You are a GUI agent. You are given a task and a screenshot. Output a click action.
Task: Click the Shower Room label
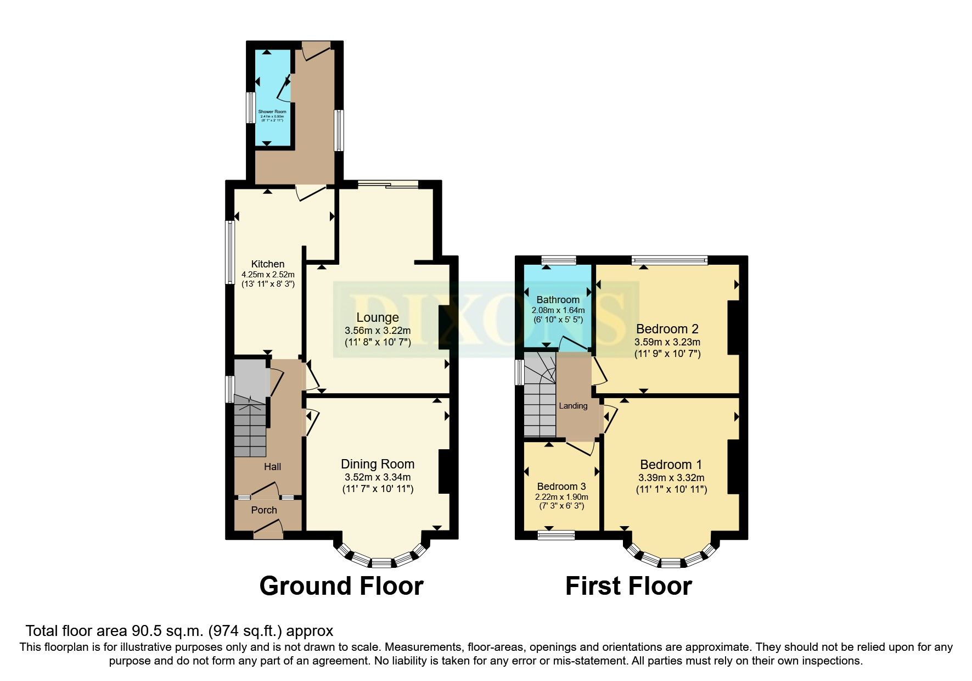point(272,111)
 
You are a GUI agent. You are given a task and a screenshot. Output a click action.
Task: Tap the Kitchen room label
point(268,264)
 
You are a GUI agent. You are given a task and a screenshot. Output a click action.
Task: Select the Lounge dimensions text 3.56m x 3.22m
point(378,331)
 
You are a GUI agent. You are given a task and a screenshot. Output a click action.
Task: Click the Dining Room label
point(378,464)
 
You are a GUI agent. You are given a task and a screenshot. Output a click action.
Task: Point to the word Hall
point(272,467)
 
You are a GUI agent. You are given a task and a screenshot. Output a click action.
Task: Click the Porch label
point(264,510)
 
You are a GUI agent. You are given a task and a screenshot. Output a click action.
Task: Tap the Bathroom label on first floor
point(558,300)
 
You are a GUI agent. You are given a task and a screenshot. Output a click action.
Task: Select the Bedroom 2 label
point(667,329)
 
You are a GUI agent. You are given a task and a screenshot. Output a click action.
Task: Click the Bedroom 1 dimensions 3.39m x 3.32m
point(671,478)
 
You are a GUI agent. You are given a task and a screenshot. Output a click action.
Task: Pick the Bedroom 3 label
point(561,487)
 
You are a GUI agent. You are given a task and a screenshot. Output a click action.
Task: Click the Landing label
point(573,406)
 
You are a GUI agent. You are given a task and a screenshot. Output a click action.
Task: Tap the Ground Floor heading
point(341,586)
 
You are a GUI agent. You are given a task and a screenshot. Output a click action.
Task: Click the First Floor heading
point(628,586)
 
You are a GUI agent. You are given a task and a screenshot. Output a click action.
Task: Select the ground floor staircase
point(250,428)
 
